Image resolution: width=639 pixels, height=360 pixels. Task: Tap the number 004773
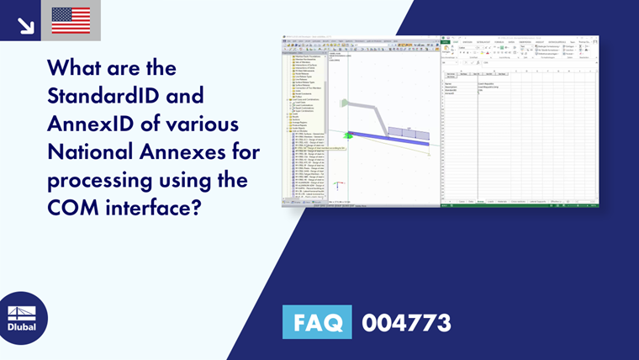tap(406, 322)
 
